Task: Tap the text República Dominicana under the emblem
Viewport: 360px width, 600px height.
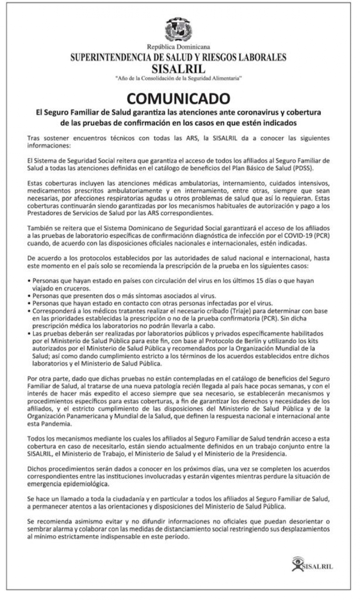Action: tap(178, 47)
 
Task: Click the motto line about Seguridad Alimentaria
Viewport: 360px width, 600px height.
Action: tap(178, 78)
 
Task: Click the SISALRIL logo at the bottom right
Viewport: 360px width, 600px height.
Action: tap(312, 566)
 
